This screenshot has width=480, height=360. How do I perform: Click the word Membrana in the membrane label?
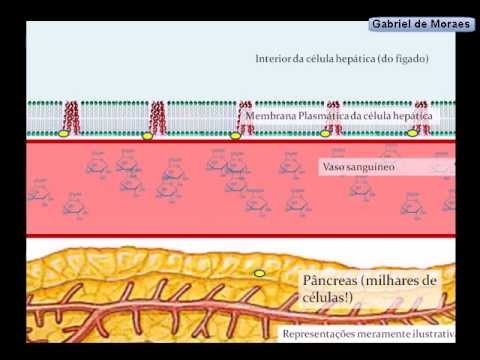point(271,116)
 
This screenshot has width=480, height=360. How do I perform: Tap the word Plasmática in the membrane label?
point(323,116)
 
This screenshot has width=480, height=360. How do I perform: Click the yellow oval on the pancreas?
point(260,274)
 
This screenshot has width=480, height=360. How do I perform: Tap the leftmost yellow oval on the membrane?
point(64,134)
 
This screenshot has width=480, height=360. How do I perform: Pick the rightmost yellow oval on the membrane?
point(412,133)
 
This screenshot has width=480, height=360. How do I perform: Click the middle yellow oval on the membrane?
point(235,136)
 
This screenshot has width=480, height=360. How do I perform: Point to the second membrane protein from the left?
point(157,118)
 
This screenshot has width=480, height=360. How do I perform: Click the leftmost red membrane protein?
point(72,118)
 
